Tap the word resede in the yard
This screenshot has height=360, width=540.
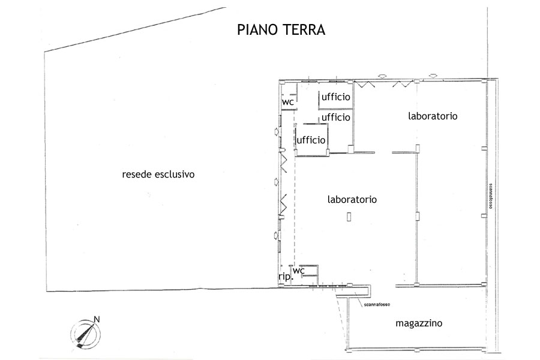click(137, 175)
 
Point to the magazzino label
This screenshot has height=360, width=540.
click(419, 323)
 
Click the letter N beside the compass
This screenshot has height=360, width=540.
click(97, 319)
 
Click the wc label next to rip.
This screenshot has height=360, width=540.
click(299, 271)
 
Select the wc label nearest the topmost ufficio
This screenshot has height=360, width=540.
click(288, 103)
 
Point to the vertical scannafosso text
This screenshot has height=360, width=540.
click(490, 196)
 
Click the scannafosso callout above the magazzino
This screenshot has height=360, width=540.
click(377, 305)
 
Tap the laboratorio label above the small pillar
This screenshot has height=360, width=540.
click(352, 199)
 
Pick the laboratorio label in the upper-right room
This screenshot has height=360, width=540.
click(433, 116)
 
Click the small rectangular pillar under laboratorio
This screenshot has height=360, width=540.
click(349, 217)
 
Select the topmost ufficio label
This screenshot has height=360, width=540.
click(336, 97)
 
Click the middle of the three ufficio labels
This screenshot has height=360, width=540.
click(336, 117)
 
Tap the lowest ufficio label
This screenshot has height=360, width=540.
click(311, 140)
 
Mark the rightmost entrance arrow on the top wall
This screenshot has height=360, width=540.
click(433, 76)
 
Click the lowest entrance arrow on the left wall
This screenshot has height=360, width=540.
click(276, 236)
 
